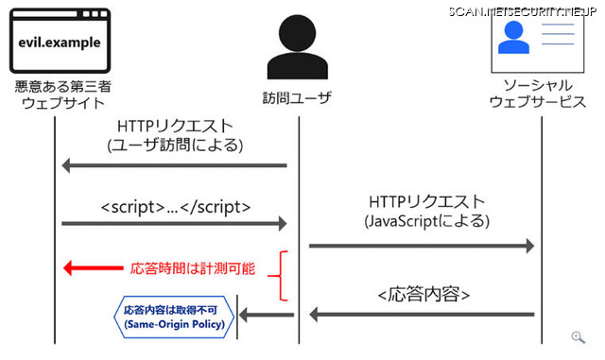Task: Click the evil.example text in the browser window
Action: [60, 43]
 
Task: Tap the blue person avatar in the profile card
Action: [514, 39]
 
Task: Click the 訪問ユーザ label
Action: [297, 97]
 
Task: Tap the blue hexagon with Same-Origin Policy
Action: [173, 317]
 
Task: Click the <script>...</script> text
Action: [175, 206]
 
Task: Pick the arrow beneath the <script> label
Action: [174, 223]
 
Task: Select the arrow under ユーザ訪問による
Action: [174, 165]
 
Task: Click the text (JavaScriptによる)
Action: [426, 222]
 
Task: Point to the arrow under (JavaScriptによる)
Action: [422, 246]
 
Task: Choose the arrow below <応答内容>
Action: [423, 314]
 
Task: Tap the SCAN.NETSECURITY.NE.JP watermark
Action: [525, 10]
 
